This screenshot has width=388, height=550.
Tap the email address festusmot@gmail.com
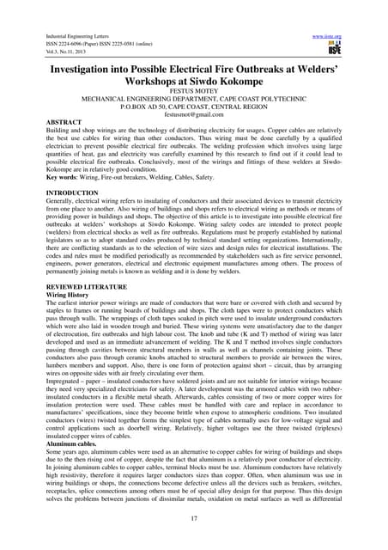(193, 114)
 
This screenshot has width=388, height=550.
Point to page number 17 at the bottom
(193, 520)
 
